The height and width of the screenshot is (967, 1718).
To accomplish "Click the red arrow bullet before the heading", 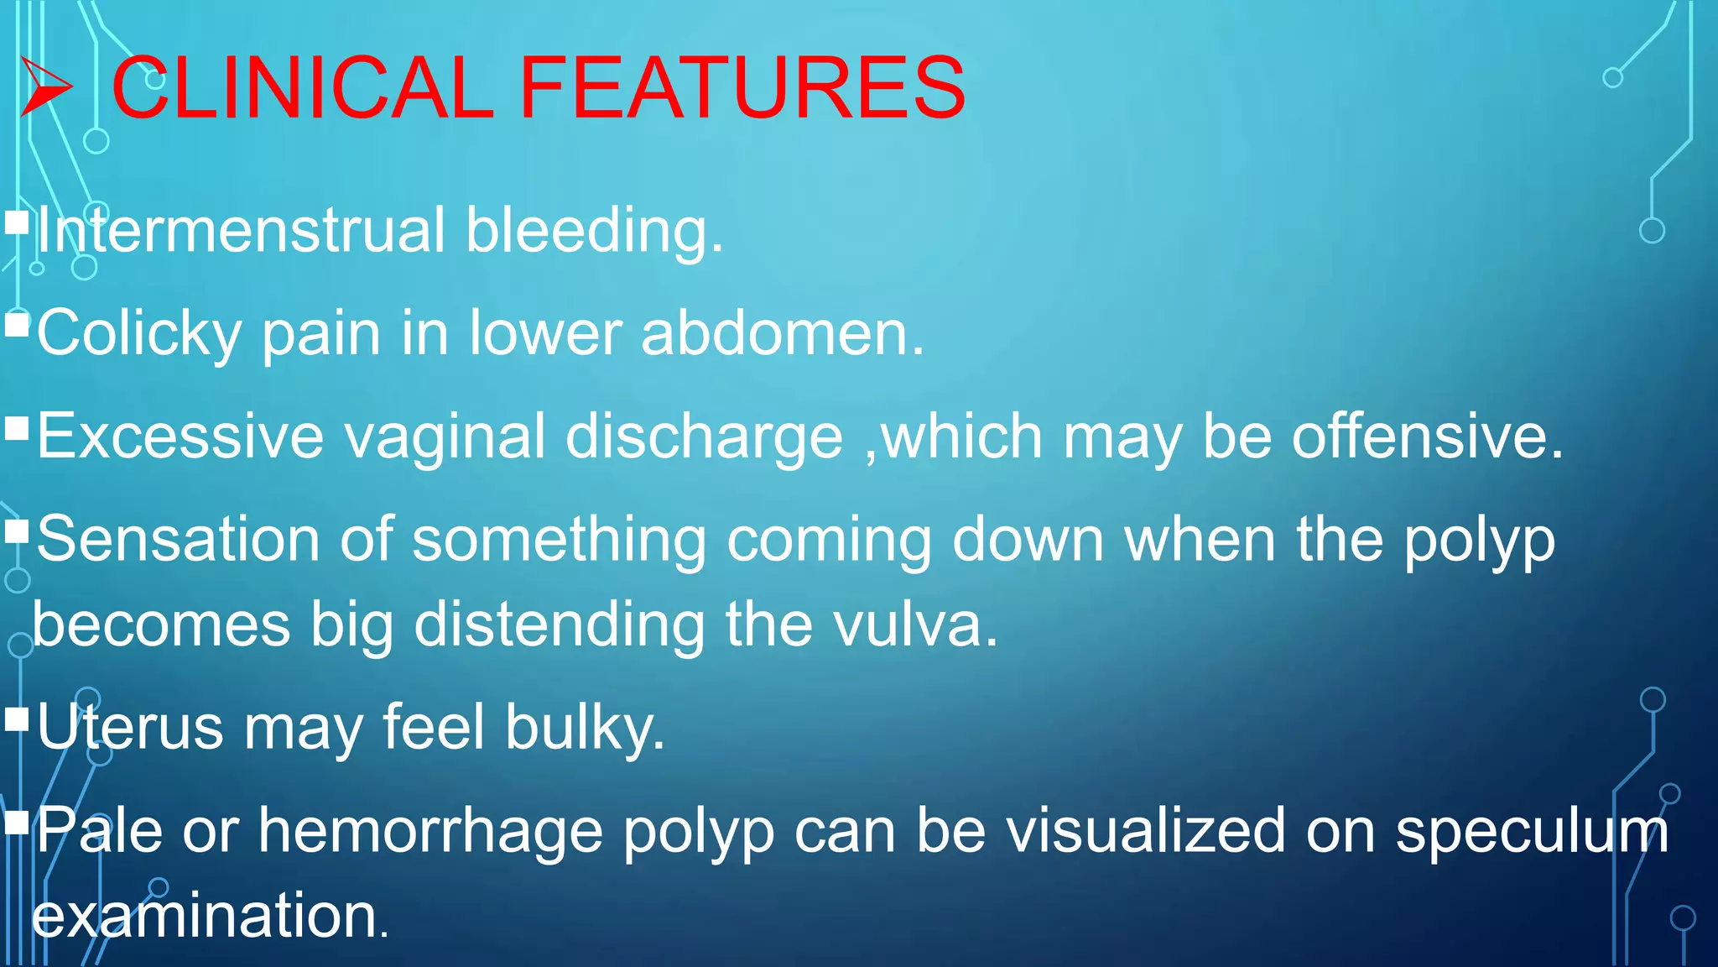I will (46, 87).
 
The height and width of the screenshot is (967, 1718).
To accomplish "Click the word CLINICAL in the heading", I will (302, 87).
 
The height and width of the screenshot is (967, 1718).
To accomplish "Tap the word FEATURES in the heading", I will (742, 87).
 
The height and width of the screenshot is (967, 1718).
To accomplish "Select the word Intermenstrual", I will (241, 230).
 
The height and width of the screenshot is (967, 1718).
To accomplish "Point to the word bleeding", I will (594, 232).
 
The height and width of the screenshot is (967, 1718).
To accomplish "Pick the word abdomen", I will (782, 332).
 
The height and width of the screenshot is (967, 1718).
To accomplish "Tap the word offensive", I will (1427, 436).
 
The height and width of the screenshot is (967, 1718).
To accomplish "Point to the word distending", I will (560, 626).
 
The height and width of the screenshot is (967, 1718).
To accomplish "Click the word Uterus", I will (130, 727).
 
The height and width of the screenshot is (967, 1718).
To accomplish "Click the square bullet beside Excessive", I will (17, 429).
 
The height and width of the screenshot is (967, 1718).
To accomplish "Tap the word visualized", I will (1145, 830).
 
